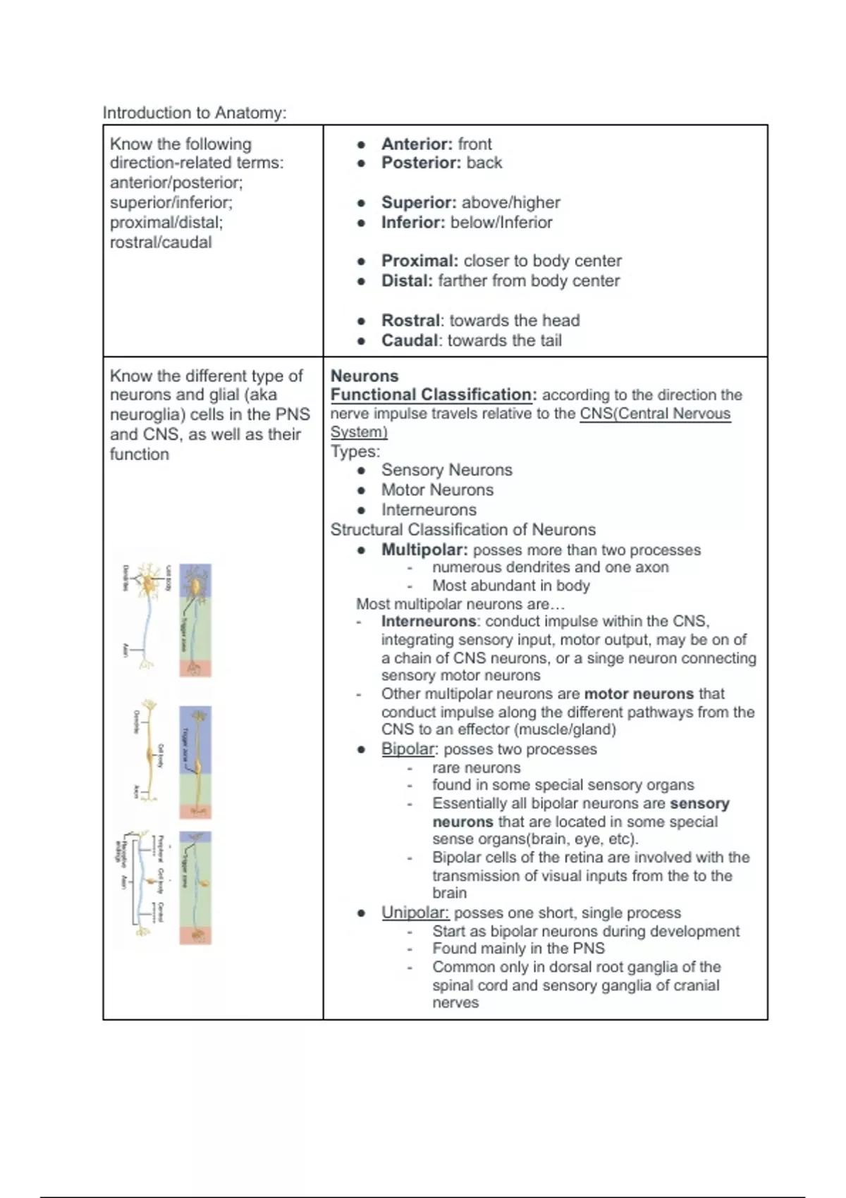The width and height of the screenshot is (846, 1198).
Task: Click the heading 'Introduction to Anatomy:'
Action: pyautogui.click(x=195, y=113)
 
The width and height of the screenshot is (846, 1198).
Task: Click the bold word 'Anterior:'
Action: pyautogui.click(x=417, y=144)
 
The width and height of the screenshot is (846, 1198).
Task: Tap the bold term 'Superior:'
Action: pyautogui.click(x=419, y=202)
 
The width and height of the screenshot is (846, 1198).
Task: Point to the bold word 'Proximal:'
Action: pyautogui.click(x=419, y=261)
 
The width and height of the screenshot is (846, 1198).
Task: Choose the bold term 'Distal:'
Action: pyautogui.click(x=407, y=280)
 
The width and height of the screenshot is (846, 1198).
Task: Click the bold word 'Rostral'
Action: pyautogui.click(x=410, y=321)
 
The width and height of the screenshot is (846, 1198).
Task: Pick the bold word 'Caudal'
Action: pyautogui.click(x=409, y=340)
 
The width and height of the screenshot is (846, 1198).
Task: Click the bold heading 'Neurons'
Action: pyautogui.click(x=364, y=376)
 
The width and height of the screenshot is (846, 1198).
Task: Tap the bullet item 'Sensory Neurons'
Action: pyautogui.click(x=446, y=470)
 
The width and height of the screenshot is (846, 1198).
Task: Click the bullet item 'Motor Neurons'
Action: pyautogui.click(x=437, y=490)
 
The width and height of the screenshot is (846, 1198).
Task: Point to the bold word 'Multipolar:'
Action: pyautogui.click(x=424, y=550)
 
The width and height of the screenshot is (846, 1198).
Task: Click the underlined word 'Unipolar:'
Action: pyautogui.click(x=415, y=913)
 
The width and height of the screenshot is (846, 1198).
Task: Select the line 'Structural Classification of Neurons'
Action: pyautogui.click(x=462, y=530)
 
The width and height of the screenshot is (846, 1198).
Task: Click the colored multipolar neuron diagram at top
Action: pyautogui.click(x=195, y=620)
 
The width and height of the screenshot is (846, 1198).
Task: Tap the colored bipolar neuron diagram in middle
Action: pyautogui.click(x=195, y=762)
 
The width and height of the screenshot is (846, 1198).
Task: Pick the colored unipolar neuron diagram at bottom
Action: pyautogui.click(x=195, y=888)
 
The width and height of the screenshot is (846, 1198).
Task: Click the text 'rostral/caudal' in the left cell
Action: pyautogui.click(x=161, y=242)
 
